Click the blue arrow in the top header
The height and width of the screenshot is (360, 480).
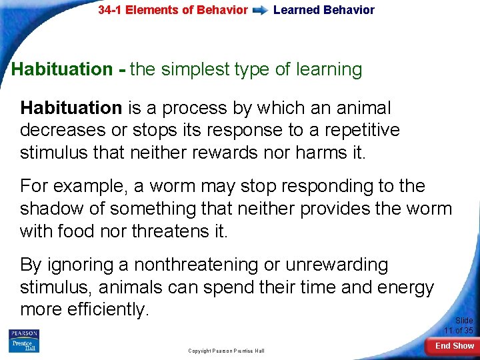[262, 10]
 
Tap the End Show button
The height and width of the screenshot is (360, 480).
[454, 346]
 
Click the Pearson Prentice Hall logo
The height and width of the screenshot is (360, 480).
[24, 341]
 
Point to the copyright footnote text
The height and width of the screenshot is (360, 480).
[226, 351]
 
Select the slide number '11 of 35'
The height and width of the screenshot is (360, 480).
[459, 331]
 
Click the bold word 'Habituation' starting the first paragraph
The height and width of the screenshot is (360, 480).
[71, 108]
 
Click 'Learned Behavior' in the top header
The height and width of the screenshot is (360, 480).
[324, 10]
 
